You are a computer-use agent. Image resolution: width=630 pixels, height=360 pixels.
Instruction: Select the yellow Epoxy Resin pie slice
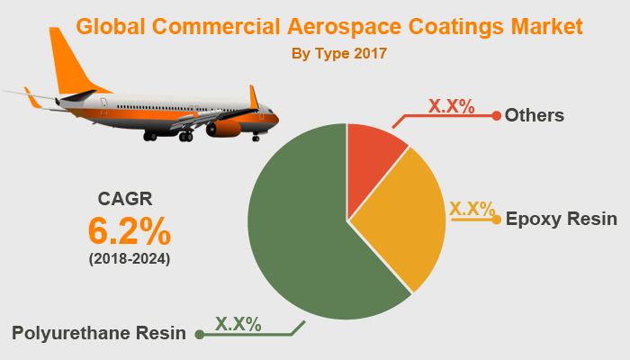(x=400, y=220)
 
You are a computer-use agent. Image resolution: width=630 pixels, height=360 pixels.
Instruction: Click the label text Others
(x=535, y=115)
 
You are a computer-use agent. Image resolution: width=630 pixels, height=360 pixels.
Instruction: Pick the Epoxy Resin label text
(x=561, y=219)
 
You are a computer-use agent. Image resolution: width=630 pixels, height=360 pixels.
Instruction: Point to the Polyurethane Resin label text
(x=99, y=333)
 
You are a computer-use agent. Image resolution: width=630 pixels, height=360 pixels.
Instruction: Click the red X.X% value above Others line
(x=451, y=105)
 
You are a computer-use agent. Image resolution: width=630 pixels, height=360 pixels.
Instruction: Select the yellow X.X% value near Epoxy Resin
(x=472, y=209)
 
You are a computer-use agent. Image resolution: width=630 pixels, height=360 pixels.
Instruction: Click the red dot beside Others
(x=496, y=115)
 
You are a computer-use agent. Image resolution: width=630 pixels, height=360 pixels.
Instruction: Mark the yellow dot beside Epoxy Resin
(x=496, y=219)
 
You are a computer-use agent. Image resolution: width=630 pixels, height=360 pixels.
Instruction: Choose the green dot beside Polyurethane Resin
(x=199, y=334)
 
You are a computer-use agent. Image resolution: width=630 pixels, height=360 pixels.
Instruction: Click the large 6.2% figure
(x=130, y=231)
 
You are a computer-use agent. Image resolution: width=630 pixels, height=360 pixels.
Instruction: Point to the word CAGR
(x=125, y=199)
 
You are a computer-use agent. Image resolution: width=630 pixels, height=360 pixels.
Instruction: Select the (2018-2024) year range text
(x=129, y=259)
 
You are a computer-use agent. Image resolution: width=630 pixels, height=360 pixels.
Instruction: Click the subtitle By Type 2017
(x=339, y=54)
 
